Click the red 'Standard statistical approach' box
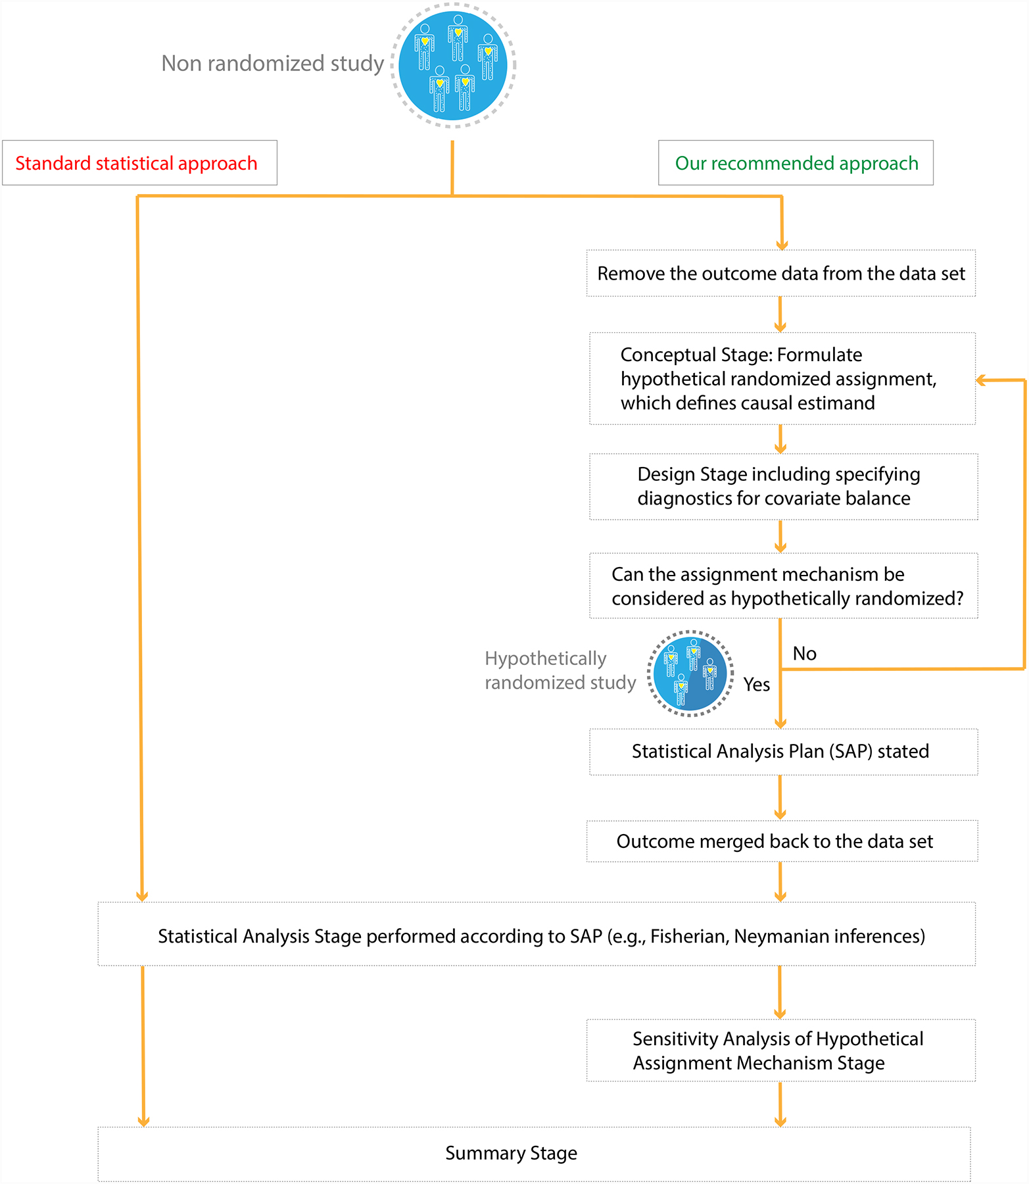pos(139,163)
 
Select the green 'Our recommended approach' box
pos(796,163)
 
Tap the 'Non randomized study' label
pos(272,63)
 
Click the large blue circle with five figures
pos(453,65)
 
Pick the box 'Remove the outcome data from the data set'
pos(780,274)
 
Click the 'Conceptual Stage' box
pos(782,379)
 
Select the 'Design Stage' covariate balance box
pos(783,487)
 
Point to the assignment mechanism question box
pos(783,586)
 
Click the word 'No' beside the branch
pos(804,653)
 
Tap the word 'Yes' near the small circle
pos(756,685)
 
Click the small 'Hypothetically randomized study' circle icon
pos(690,673)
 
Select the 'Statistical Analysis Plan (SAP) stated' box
pos(783,752)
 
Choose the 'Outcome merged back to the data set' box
pos(782,841)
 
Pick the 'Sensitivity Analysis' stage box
pos(780,1050)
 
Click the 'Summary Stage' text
pos(511,1153)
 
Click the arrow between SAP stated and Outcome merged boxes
pos(780,798)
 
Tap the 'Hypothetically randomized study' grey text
pos(560,670)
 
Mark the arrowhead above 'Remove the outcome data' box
pos(782,245)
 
